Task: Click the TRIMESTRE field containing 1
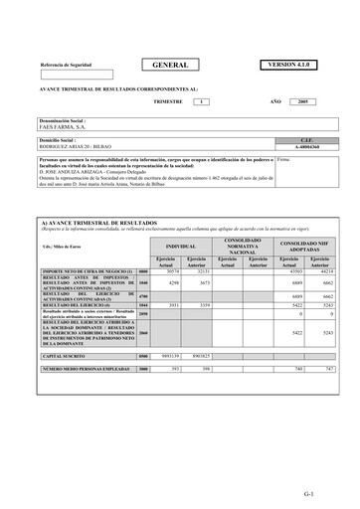click(202, 101)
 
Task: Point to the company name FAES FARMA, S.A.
click(62, 127)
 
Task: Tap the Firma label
click(281, 158)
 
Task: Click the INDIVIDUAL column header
click(180, 245)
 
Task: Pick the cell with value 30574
click(170, 271)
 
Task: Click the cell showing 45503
click(289, 271)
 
